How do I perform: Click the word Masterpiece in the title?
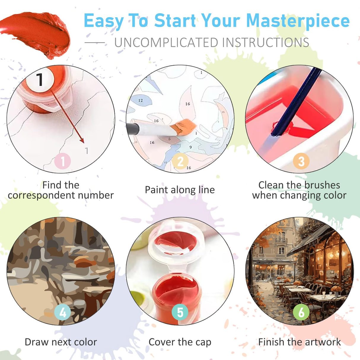[x=298, y=21]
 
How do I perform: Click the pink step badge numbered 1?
[x=63, y=161]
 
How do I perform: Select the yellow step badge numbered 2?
[x=180, y=161]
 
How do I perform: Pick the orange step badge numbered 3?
[x=301, y=161]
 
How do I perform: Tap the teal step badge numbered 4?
[x=63, y=312]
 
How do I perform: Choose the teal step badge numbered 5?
[x=180, y=312]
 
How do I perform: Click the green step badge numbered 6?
[x=301, y=312]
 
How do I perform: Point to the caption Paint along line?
[x=180, y=190]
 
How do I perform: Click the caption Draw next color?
[x=61, y=342]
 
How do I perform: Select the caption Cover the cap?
[x=180, y=342]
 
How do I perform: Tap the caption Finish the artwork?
[x=300, y=342]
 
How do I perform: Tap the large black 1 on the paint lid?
[x=40, y=79]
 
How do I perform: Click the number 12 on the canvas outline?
[x=140, y=101]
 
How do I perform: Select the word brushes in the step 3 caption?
[x=322, y=185]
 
